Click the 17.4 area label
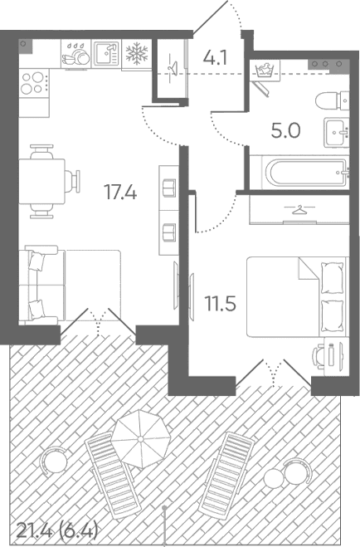click(120, 193)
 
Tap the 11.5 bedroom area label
click(221, 303)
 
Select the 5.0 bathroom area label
click(285, 131)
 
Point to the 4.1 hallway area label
click(215, 58)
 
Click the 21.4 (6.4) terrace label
click(56, 531)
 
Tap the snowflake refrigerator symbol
click(137, 54)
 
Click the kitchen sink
click(107, 54)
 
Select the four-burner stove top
click(33, 83)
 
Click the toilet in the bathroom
click(332, 100)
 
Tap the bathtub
click(306, 173)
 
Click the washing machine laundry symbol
click(265, 70)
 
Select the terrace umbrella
click(141, 439)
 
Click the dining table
click(41, 182)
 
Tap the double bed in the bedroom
click(297, 297)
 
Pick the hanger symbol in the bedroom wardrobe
click(299, 210)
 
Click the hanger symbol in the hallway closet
click(172, 66)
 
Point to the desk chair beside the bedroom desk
click(319, 356)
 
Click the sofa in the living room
click(70, 285)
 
